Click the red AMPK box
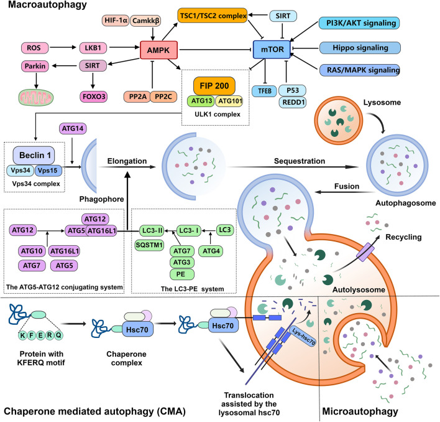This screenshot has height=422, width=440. [158, 50]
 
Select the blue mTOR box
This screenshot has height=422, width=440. [272, 49]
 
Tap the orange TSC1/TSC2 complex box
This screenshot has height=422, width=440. [213, 16]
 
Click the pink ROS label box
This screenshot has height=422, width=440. [35, 48]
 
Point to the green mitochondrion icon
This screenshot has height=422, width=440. [35, 98]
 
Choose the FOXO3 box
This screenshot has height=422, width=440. [94, 96]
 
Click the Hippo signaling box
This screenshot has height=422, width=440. [360, 48]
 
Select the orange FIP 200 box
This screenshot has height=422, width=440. [214, 86]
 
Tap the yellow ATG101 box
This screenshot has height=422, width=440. [229, 101]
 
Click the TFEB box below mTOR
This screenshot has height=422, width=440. [264, 91]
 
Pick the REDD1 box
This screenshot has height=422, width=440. [292, 102]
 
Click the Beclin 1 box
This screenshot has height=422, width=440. [34, 156]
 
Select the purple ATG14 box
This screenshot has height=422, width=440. [73, 129]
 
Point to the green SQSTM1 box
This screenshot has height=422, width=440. [149, 245]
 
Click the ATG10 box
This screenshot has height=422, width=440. [32, 251]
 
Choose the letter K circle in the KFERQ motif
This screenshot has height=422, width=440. [23, 335]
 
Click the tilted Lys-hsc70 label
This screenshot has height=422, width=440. [304, 336]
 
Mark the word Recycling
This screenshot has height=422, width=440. [403, 237]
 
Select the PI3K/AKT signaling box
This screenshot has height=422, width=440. [359, 23]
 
